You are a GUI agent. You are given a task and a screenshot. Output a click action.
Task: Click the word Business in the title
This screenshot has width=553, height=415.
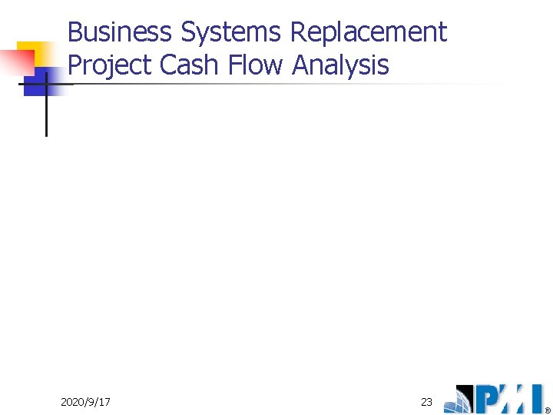pyautogui.click(x=120, y=32)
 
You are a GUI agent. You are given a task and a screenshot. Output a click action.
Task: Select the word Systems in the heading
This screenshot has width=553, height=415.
pyautogui.click(x=231, y=32)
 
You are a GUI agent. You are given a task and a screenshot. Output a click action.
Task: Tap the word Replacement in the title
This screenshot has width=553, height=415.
pyautogui.click(x=369, y=32)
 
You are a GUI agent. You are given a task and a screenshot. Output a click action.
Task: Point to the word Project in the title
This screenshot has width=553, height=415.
pyautogui.click(x=111, y=65)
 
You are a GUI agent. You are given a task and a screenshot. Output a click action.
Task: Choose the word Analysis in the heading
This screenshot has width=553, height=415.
pyautogui.click(x=341, y=65)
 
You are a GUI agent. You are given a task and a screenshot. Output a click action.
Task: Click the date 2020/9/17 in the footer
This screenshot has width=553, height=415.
pyautogui.click(x=85, y=402)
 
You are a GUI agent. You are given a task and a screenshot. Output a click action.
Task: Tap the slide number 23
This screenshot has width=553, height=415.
pyautogui.click(x=427, y=402)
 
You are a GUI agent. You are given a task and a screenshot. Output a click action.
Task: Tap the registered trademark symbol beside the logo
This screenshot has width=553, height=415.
pyautogui.click(x=548, y=410)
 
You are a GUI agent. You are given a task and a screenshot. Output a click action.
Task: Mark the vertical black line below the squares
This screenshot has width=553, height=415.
pyautogui.click(x=46, y=115)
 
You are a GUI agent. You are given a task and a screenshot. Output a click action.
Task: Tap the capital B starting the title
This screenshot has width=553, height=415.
pyautogui.click(x=75, y=32)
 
